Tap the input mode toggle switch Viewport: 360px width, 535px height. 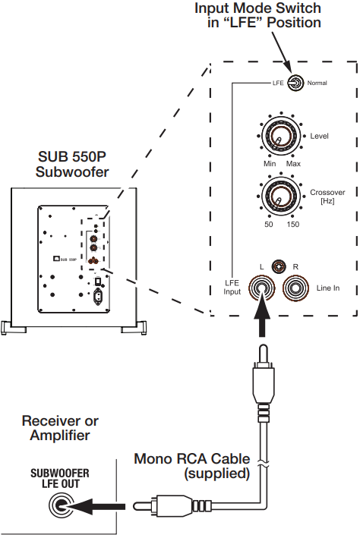tap(294, 82)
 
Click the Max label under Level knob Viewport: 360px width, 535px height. tap(294, 163)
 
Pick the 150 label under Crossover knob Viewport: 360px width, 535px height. tap(293, 225)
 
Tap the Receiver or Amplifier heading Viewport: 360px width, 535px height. tap(61, 427)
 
